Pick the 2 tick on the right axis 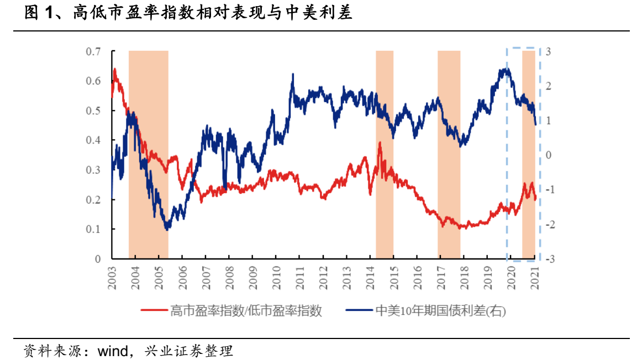coord(547,86)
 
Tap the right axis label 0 coord(547,155)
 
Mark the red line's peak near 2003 coord(114,69)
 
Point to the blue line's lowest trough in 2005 coord(167,229)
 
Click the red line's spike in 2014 coord(380,143)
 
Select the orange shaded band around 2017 coord(449,155)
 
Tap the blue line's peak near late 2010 coord(292,74)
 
